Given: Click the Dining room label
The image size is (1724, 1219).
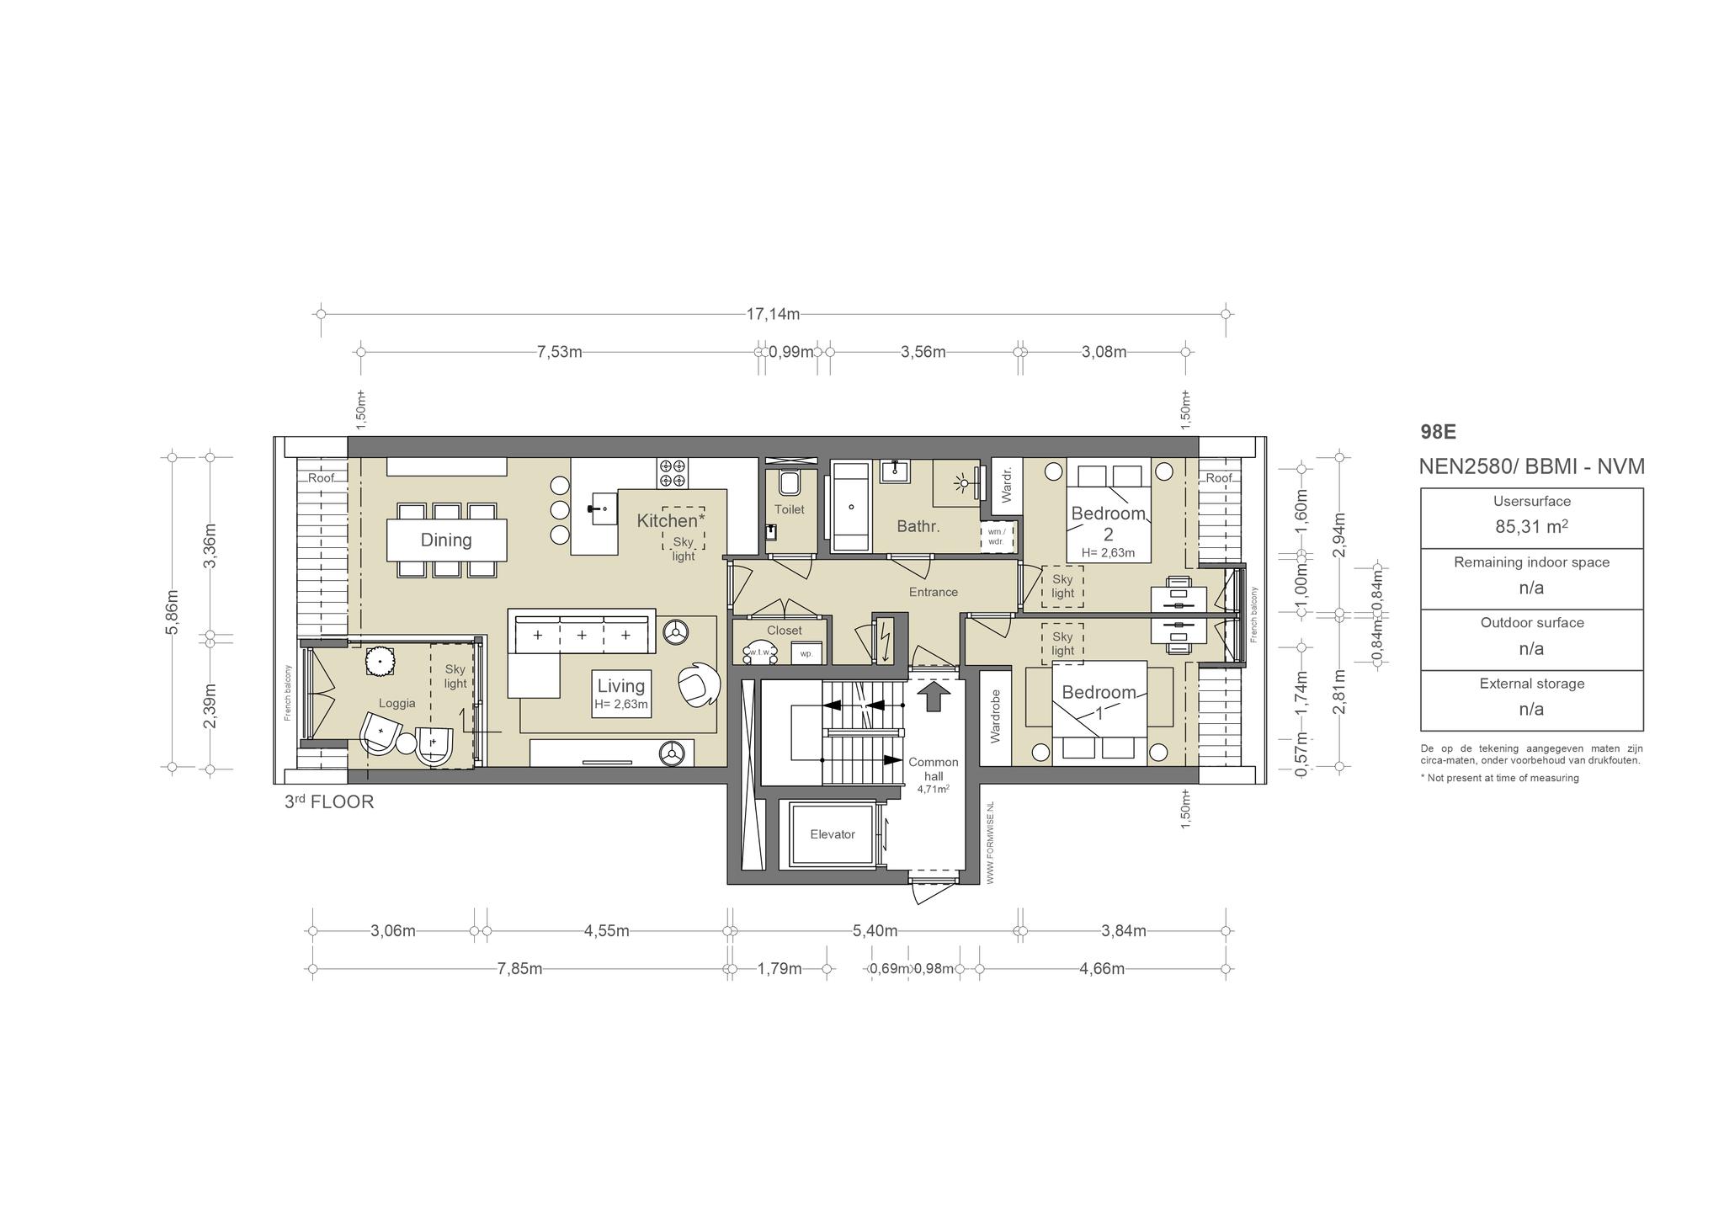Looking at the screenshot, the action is (446, 540).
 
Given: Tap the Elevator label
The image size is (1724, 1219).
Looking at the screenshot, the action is (833, 834).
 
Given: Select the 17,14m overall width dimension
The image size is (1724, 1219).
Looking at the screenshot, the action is (773, 314).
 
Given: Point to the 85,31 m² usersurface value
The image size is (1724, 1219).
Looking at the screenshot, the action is (1531, 527).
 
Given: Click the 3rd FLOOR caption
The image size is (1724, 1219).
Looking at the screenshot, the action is (329, 801).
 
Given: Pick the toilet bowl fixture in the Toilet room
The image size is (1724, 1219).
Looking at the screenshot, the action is (790, 482).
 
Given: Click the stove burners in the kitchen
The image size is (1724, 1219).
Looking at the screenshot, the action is (673, 472).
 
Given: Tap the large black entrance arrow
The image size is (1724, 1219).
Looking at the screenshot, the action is (933, 696).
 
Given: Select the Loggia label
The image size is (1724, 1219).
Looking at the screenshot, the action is (396, 704).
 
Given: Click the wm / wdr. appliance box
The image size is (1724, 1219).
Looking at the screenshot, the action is (997, 536).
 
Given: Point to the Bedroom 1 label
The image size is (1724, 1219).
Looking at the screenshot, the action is (1099, 701).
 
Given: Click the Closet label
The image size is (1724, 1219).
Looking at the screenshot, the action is (785, 631).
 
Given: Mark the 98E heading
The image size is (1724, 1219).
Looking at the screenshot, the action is (1438, 432).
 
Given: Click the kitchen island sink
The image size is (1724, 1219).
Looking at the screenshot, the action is (601, 508).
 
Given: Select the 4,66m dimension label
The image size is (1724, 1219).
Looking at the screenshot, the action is (1102, 969).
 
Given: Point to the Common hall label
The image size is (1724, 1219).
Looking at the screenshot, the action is (933, 769).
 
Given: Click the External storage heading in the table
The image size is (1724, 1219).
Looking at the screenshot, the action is (1531, 684).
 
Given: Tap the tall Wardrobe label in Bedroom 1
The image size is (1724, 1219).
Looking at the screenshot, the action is (996, 716).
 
